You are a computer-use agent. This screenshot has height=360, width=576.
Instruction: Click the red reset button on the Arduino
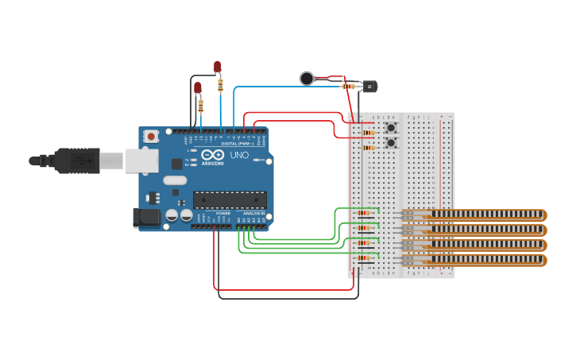pos(151,136)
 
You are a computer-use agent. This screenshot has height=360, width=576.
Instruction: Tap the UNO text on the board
pos(239,154)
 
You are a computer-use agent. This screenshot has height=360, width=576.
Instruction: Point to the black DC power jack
pos(146,218)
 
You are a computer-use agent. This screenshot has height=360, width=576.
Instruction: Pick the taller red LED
pos(218,67)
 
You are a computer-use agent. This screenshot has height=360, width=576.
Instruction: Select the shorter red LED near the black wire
pos(198,87)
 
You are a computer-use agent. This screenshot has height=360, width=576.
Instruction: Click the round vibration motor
pos(307,78)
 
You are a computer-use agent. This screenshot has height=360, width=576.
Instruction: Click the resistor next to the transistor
pos(349,86)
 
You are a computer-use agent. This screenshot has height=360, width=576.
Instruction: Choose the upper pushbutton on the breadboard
pos(390,127)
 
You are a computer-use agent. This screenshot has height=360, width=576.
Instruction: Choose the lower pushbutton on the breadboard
pos(390,142)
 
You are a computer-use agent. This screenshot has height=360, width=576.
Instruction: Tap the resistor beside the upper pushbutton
pos(368,133)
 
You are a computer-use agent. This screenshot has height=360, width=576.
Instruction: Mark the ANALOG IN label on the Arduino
pos(253,214)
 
